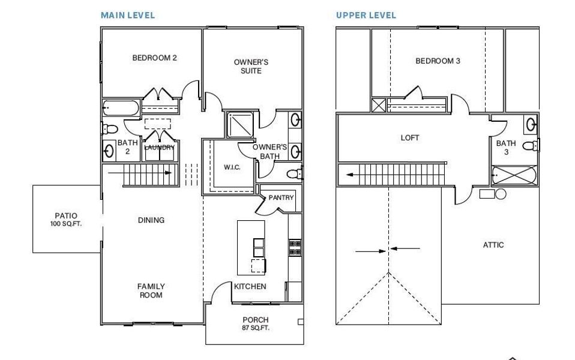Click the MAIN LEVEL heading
tap(127, 16)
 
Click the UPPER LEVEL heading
tap(366, 16)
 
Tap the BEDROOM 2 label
tap(154, 58)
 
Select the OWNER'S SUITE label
tap(250, 66)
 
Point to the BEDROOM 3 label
tap(438, 61)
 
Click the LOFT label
tap(410, 137)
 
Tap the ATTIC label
tap(493, 245)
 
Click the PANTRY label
tap(280, 197)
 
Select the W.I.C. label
tap(232, 167)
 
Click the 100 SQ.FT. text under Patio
tap(66, 224)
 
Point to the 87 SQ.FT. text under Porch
tap(255, 328)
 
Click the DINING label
tap(151, 220)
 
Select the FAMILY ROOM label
tap(151, 290)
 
